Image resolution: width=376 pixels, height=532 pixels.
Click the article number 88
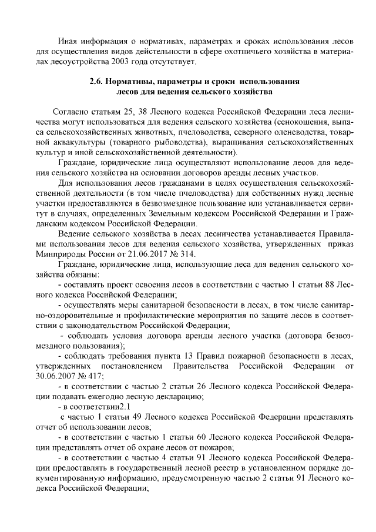(333, 284)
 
